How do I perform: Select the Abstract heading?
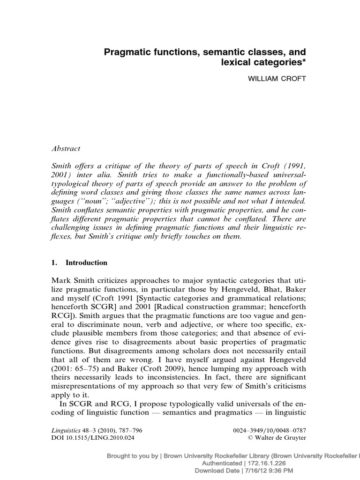pyautogui.click(x=66, y=149)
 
